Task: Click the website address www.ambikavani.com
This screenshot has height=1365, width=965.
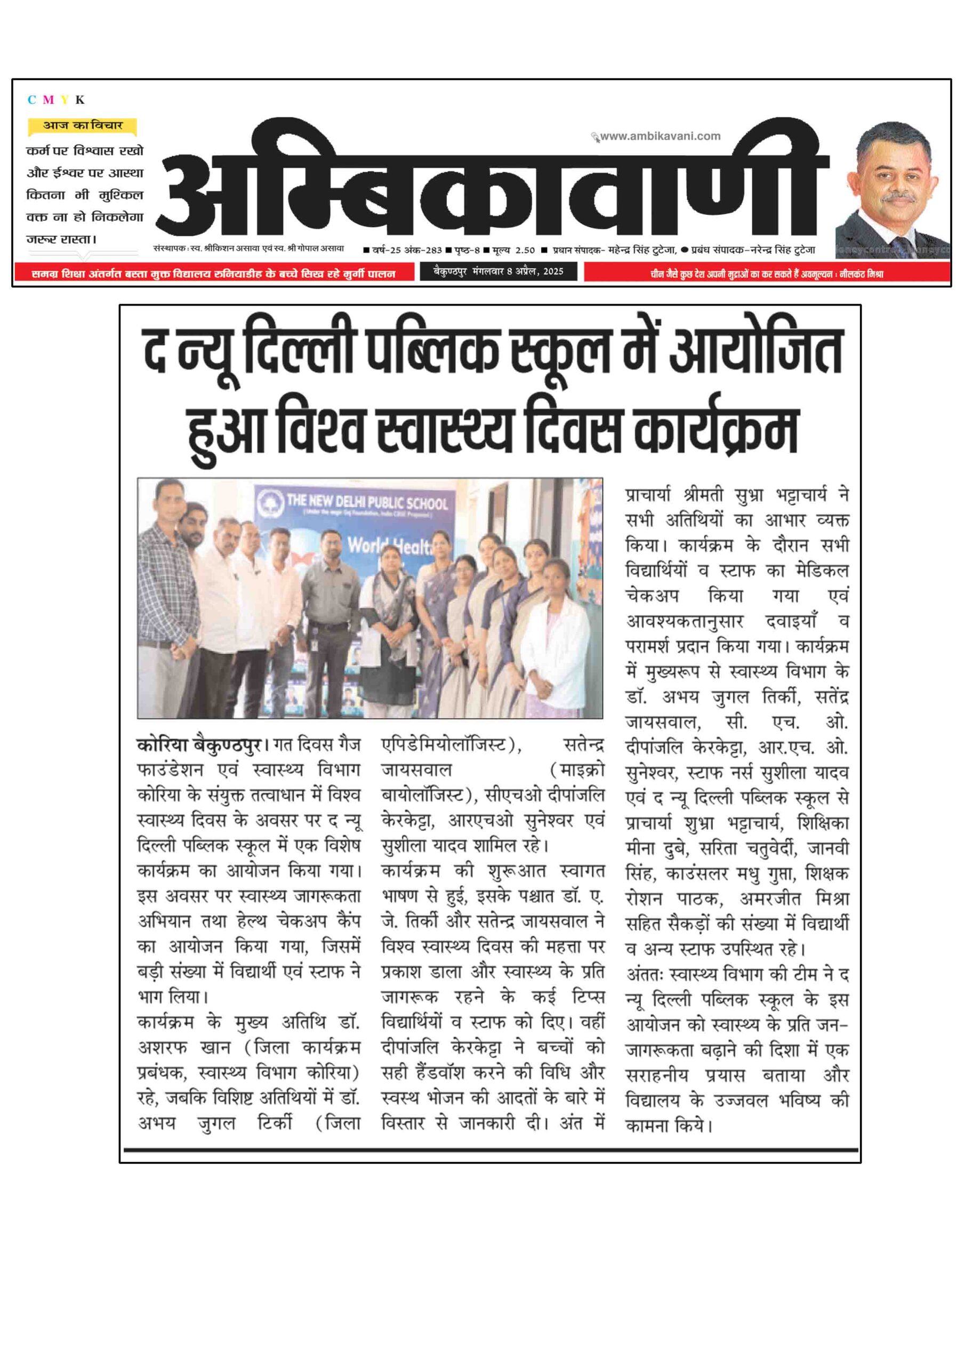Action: tap(660, 136)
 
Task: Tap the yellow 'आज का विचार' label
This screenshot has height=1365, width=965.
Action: tap(82, 125)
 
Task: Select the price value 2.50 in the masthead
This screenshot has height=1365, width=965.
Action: tap(525, 250)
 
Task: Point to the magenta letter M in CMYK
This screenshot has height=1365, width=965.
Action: tap(48, 100)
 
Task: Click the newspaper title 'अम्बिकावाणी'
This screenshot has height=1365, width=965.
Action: tap(494, 184)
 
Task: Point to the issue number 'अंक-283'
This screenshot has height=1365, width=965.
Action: tap(423, 250)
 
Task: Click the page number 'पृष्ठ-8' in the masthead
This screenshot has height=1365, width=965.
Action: tap(468, 250)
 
